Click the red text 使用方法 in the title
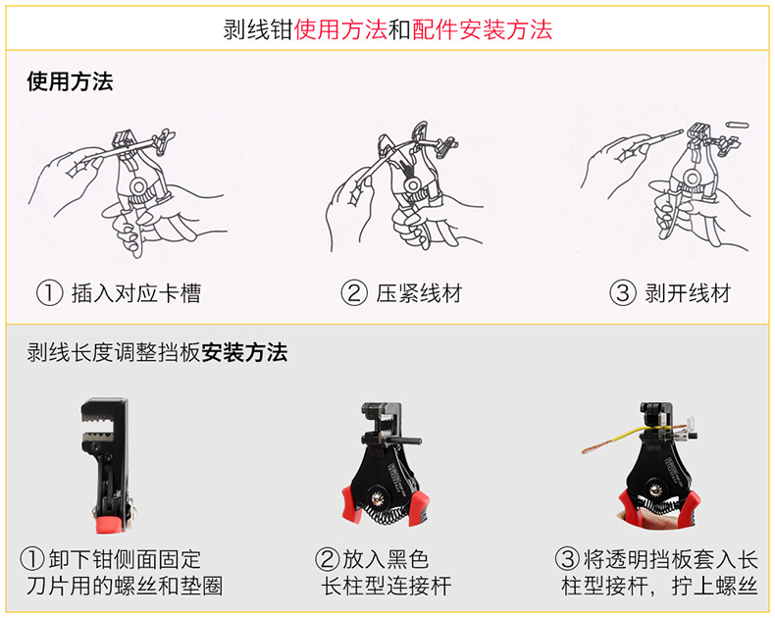(x=340, y=29)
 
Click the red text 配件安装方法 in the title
(x=482, y=29)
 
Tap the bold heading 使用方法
(x=71, y=81)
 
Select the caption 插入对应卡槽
(x=136, y=293)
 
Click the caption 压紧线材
(x=419, y=293)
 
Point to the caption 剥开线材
(x=688, y=293)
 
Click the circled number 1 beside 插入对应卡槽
(x=49, y=293)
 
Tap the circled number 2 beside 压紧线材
(x=354, y=293)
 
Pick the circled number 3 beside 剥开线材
(x=622, y=293)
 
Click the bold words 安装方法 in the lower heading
(x=244, y=353)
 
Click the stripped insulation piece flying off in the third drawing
(x=738, y=125)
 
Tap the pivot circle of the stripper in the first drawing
(x=138, y=187)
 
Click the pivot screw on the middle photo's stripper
(x=377, y=496)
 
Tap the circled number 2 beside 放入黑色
(x=329, y=560)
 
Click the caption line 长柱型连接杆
(x=386, y=587)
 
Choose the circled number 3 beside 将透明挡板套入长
(x=567, y=560)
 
